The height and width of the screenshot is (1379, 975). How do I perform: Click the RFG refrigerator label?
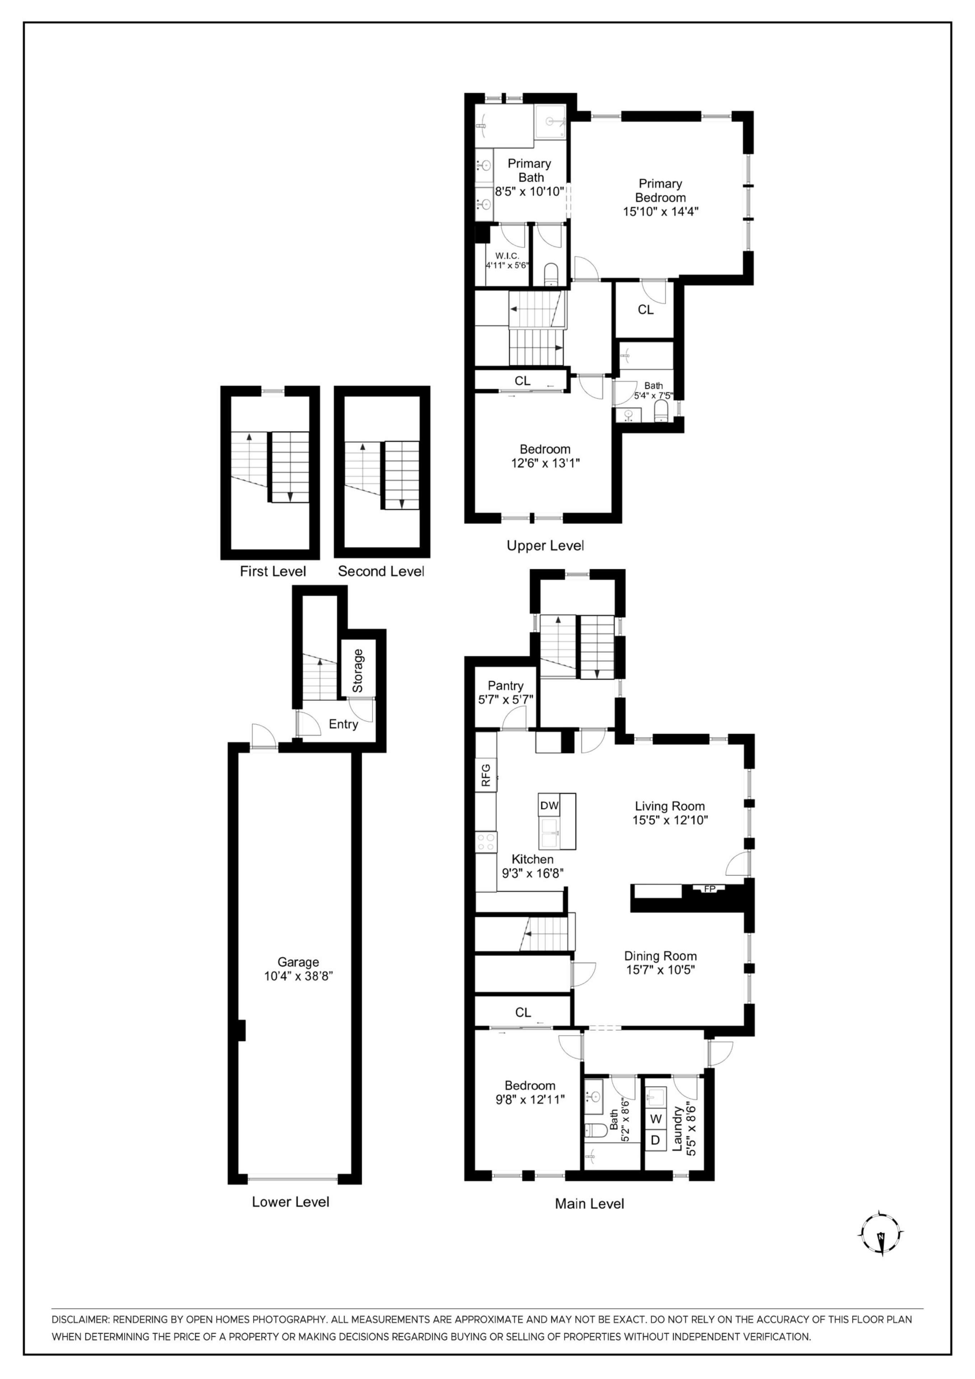point(486,775)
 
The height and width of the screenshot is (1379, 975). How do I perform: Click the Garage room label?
point(298,962)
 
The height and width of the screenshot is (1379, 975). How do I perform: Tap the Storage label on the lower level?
point(358,670)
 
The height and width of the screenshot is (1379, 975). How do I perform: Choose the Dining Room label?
point(660,956)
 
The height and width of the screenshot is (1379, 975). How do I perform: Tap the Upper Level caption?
point(545,545)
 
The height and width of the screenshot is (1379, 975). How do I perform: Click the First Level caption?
point(273,571)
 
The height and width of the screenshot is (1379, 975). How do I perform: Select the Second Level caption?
point(381,571)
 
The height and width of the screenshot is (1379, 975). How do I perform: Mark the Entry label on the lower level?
point(343,724)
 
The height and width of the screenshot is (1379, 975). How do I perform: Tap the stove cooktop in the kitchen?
point(486,841)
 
